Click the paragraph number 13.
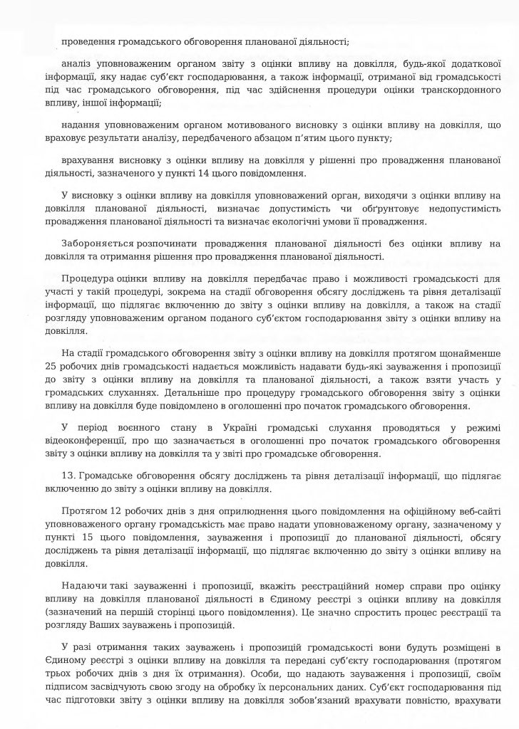[67, 473]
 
